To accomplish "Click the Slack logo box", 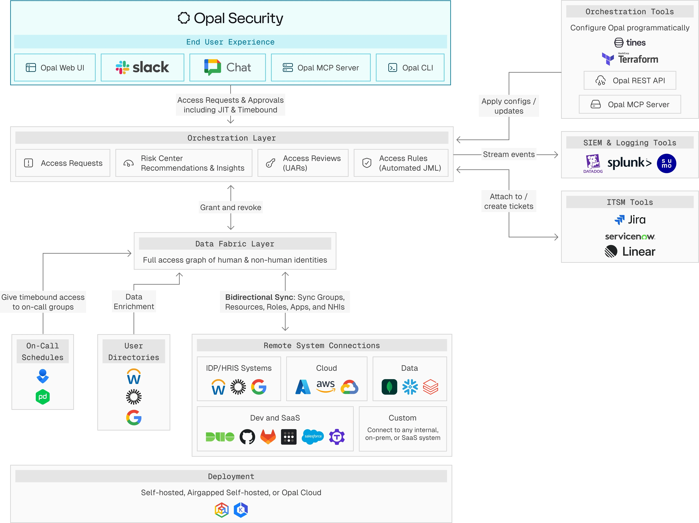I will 142,68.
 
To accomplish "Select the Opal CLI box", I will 410,68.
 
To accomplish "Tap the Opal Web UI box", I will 55,68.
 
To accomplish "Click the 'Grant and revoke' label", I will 231,207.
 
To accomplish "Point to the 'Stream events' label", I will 508,154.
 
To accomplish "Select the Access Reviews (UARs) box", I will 303,163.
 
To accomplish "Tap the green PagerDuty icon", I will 43,397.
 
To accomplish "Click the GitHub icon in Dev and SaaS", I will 247,437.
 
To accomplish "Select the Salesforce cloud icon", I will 313,437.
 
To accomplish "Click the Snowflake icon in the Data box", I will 410,387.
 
